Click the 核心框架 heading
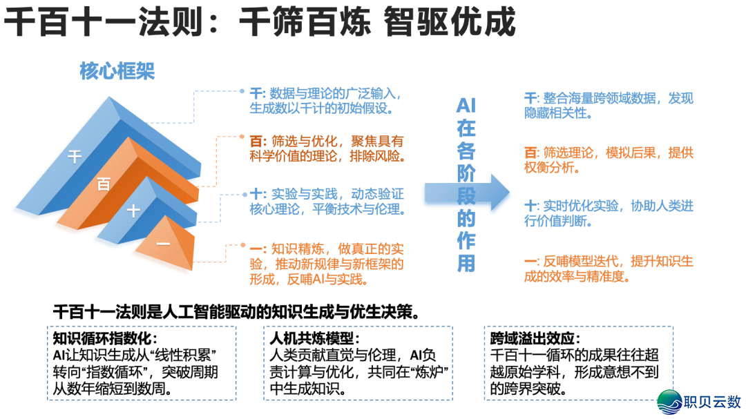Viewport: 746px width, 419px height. coord(117,72)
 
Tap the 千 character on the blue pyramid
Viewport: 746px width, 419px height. coord(74,156)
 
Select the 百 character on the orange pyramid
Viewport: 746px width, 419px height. coord(104,184)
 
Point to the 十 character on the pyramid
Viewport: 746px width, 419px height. coord(133,211)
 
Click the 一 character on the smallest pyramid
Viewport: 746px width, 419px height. coord(163,243)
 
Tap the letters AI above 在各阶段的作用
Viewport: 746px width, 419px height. coord(466,106)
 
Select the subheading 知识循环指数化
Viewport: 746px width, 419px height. coord(105,338)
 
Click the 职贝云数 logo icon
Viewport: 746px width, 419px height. coord(671,402)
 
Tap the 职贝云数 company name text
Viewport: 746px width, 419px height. coord(713,402)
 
